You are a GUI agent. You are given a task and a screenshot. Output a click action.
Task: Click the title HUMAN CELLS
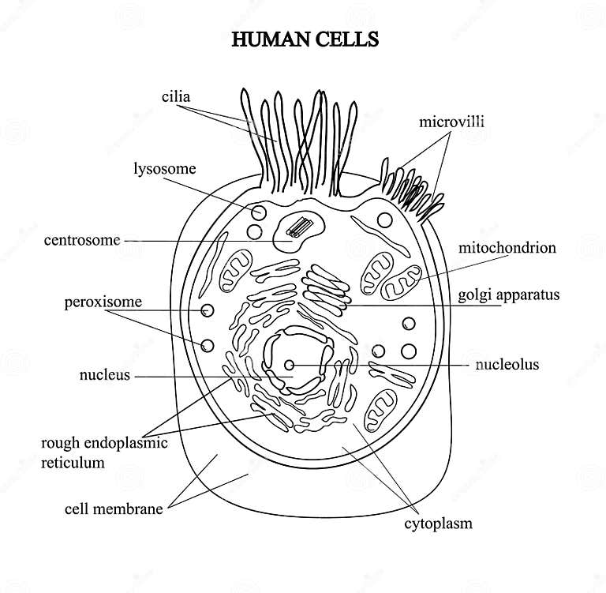305,39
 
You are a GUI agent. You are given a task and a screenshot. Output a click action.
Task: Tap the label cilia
176,97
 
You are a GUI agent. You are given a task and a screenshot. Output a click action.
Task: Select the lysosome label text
164,168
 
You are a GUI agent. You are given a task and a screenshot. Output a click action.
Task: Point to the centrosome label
82,240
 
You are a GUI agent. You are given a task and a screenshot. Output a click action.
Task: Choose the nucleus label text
104,375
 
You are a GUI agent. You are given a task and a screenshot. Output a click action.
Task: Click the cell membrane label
113,509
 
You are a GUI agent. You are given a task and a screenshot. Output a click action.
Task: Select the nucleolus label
507,365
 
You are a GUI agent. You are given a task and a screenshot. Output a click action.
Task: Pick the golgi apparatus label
509,295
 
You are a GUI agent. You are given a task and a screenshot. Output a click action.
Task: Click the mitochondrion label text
507,248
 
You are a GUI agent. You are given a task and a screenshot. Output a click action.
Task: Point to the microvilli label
451,122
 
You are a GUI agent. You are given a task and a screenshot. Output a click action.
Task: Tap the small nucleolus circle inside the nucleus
290,366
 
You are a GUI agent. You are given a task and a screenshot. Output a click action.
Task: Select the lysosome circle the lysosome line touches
258,213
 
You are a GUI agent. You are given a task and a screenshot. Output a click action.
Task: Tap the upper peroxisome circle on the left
208,311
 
